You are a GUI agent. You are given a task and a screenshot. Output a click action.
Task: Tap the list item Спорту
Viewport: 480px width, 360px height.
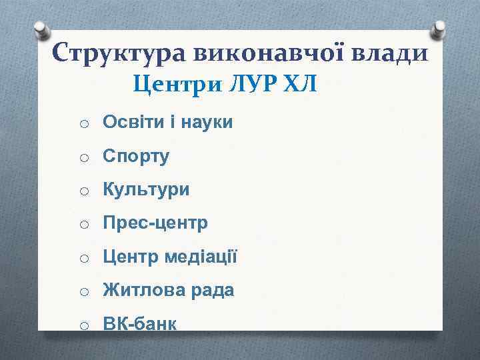(x=136, y=157)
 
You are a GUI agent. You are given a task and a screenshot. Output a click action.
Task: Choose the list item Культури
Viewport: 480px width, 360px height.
(x=146, y=190)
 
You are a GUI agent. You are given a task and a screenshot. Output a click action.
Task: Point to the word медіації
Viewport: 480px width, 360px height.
(x=200, y=257)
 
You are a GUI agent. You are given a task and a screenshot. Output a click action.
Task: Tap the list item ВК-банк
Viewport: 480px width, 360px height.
(x=139, y=324)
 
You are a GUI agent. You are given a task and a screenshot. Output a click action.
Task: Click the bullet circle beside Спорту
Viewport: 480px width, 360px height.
(x=84, y=158)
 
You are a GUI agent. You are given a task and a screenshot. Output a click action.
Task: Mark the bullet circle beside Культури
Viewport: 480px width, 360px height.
(x=84, y=191)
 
